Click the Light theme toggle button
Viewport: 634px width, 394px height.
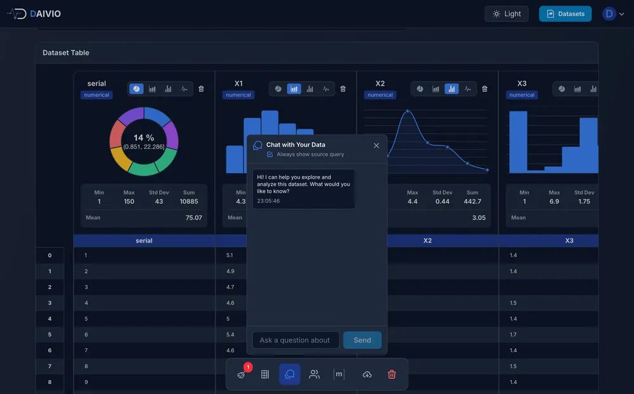(506, 14)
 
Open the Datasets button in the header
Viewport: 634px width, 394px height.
(565, 14)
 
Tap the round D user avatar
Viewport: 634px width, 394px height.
(609, 14)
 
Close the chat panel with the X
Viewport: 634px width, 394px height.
(376, 146)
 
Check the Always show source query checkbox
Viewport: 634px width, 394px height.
(270, 155)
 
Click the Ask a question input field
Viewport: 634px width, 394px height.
(295, 340)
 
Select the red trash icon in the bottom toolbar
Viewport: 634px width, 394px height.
(392, 374)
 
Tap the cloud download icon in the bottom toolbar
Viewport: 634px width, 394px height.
(367, 374)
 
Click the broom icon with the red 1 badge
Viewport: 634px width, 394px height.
(242, 374)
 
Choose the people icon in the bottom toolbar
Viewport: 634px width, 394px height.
(314, 374)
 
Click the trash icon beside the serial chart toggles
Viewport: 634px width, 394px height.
(201, 89)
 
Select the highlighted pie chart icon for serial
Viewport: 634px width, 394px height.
(136, 89)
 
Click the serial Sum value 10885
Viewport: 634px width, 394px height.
(189, 201)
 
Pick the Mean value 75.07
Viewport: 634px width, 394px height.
(193, 217)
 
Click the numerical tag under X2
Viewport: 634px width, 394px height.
(380, 95)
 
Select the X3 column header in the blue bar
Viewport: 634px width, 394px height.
(569, 241)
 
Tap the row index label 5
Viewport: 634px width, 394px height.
(49, 334)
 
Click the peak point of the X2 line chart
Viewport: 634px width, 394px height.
(408, 111)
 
